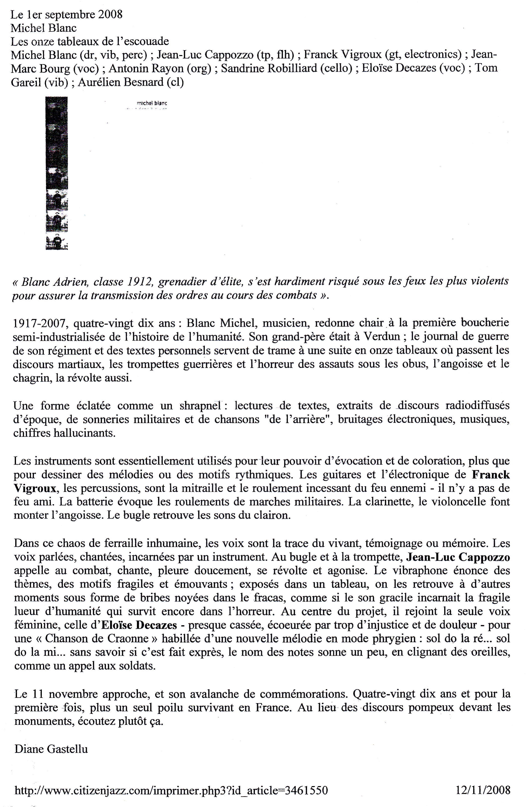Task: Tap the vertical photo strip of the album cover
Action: [57, 173]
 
